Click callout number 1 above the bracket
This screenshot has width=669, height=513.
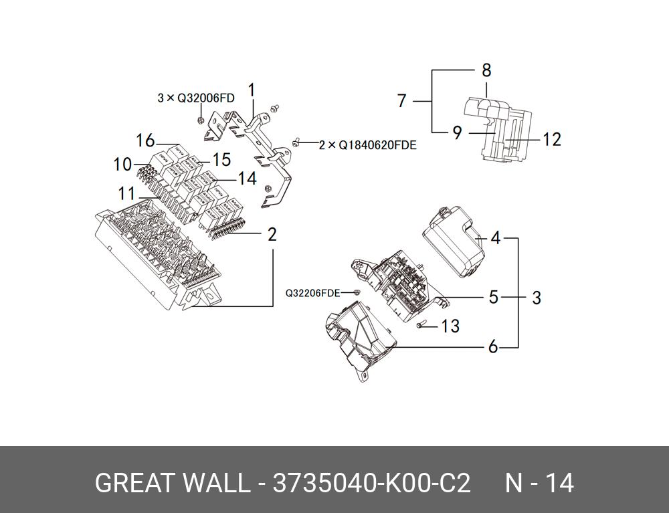(252, 90)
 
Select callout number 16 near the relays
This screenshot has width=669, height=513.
(145, 140)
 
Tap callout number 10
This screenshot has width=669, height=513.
(122, 164)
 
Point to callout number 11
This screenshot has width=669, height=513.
(127, 194)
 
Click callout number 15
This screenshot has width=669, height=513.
(221, 160)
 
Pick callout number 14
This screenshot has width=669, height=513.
(248, 179)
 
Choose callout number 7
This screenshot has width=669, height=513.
(401, 101)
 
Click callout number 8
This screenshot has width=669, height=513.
(486, 70)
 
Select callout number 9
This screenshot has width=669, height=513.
(457, 133)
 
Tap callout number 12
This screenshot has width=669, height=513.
(551, 139)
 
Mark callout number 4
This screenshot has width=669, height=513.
(496, 237)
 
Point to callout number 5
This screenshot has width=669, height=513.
(493, 296)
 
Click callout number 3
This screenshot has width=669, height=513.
(537, 297)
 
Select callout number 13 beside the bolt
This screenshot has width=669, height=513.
(450, 326)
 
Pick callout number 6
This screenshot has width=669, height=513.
(493, 347)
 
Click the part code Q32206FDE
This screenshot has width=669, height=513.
(313, 293)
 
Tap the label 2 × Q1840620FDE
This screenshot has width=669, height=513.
(367, 144)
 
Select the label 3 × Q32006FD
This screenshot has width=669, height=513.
(196, 98)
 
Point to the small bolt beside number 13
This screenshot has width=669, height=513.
(421, 326)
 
